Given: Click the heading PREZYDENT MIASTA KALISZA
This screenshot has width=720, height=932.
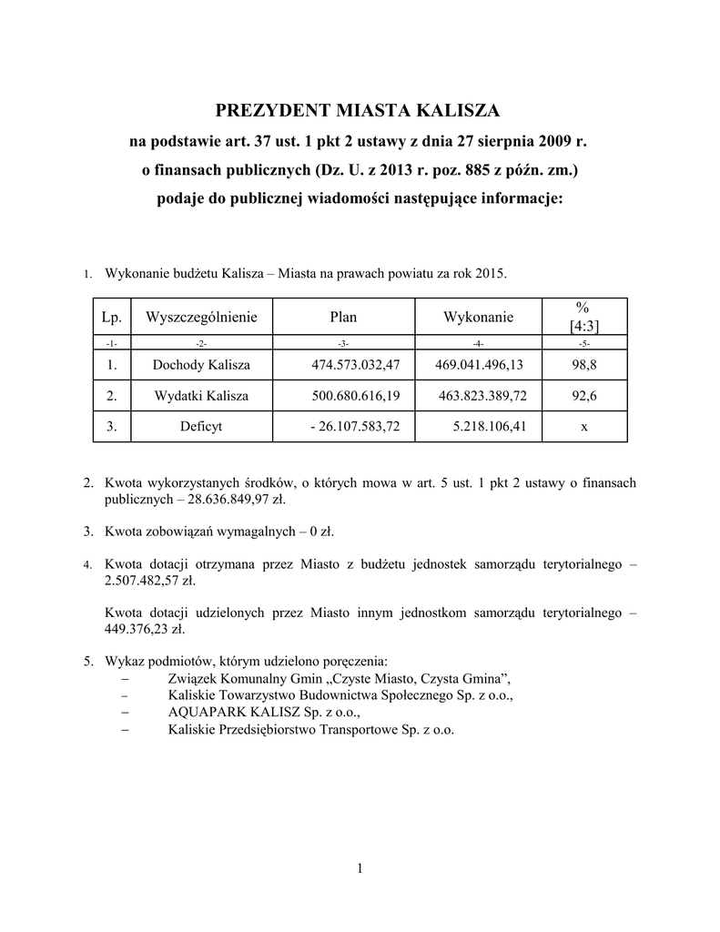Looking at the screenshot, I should click(358, 112).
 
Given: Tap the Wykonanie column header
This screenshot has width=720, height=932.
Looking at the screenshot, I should click(478, 317).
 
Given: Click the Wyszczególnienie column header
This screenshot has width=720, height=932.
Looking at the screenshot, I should click(201, 317).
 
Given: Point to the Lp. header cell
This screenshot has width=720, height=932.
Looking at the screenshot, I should click(111, 317).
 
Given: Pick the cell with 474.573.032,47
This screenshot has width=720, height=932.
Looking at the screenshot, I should click(350, 365).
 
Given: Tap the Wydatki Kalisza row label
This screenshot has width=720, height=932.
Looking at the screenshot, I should click(200, 396).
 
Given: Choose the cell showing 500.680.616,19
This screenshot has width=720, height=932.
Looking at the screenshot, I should click(350, 396).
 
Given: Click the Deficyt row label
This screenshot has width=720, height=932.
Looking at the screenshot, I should click(200, 427).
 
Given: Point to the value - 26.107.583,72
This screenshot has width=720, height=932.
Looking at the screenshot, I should click(350, 427).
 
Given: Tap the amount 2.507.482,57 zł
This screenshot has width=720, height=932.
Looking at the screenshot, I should click(149, 581).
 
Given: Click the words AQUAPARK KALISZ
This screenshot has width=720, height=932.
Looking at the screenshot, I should click(233, 713).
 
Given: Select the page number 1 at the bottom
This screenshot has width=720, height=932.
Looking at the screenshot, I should click(360, 867).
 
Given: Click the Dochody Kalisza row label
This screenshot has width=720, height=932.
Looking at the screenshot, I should click(200, 365).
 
